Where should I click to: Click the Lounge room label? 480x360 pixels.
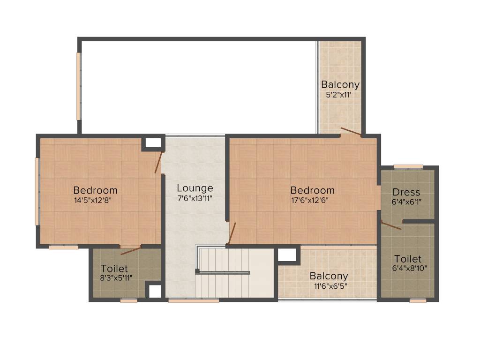195,188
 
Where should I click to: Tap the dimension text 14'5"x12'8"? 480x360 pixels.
92,201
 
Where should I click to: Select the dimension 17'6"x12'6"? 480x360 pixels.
310,201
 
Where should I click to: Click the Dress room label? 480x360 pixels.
406,192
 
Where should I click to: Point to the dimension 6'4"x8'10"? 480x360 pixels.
409,269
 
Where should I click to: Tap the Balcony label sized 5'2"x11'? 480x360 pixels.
340,84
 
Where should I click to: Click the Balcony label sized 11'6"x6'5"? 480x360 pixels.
329,276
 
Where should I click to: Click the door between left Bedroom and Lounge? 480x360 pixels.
158,162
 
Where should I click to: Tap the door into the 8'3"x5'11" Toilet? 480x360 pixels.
131,250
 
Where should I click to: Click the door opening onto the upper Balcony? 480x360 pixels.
351,132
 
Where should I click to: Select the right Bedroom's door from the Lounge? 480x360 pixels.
232,233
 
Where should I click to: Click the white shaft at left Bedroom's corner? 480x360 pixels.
153,143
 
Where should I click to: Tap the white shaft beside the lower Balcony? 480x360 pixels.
287,255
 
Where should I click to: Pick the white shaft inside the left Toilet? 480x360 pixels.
155,292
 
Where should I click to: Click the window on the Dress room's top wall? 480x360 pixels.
408,167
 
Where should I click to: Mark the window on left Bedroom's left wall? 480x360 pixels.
37,192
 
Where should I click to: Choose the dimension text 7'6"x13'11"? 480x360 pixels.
195,198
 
